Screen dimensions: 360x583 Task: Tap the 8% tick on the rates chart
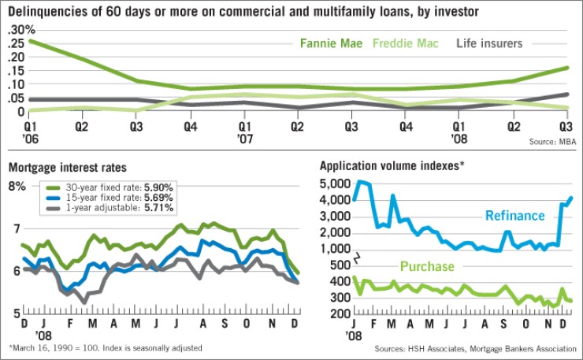point(18,187)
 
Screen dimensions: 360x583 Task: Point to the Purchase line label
point(426,266)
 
